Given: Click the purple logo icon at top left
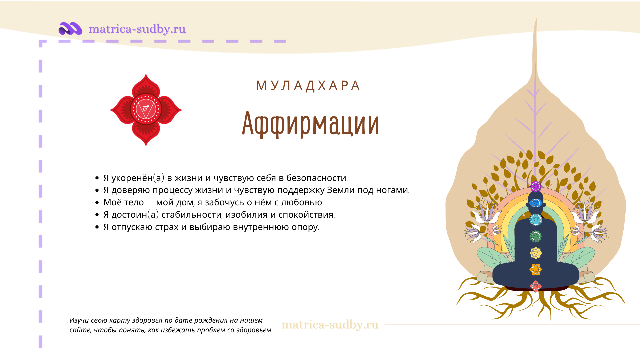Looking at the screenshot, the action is point(70,29).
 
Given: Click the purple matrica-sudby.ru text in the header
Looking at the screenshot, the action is point(137,29).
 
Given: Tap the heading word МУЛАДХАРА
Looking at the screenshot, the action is point(308,86).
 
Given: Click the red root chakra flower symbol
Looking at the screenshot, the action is point(146,110).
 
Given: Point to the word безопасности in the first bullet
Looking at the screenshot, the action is point(316,178).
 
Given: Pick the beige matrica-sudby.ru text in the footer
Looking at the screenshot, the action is point(330,325).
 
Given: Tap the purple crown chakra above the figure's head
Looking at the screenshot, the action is point(536,187).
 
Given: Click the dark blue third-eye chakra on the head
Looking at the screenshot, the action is point(536,203).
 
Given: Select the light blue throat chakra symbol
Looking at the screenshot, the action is point(536,220).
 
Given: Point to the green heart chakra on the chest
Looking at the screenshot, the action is point(536,236).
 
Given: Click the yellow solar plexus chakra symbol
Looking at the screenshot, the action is point(536,253).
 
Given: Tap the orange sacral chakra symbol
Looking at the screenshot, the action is point(536,269).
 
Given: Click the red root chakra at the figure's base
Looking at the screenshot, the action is point(536,286).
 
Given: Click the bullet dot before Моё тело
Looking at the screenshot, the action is point(97,202).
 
